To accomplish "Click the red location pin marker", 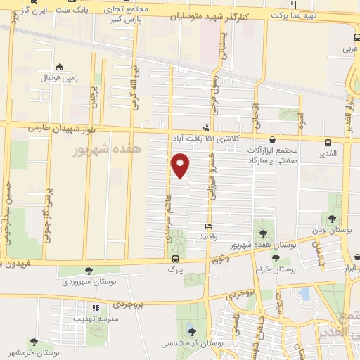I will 181,165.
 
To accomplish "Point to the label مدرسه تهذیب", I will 96,318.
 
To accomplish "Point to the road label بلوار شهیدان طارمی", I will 56,127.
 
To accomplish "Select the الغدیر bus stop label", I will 326,153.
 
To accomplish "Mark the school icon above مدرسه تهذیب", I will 96,307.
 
